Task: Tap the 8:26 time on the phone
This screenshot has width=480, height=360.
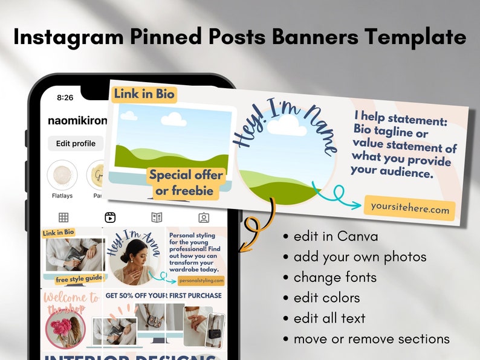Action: (x=65, y=97)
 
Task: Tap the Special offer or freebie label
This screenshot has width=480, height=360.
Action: (x=186, y=183)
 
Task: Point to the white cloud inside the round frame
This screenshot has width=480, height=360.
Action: (x=287, y=126)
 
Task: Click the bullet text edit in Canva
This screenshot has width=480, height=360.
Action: (x=336, y=236)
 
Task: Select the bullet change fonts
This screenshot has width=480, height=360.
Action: (x=335, y=277)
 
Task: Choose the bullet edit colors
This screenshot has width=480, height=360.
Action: (x=326, y=298)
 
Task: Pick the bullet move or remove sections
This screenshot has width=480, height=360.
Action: (x=371, y=339)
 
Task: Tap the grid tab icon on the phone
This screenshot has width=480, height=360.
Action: (x=63, y=217)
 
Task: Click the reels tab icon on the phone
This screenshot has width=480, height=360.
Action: (x=110, y=217)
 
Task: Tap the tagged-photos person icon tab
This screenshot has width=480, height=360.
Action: (x=204, y=217)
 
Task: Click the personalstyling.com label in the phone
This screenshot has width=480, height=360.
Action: (x=196, y=280)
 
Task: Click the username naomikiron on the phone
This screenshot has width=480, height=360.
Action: (x=77, y=121)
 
